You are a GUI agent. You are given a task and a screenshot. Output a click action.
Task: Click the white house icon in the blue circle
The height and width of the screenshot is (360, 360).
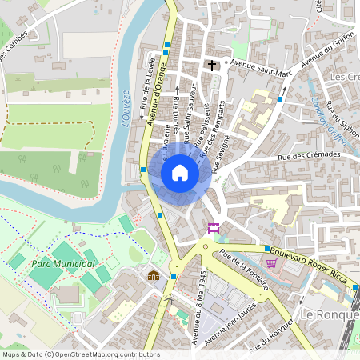(x=180, y=173)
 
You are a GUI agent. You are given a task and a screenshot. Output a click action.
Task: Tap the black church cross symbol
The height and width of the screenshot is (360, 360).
(x=213, y=65)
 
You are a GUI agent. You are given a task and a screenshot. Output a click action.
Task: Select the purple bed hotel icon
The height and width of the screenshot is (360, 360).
(x=214, y=230)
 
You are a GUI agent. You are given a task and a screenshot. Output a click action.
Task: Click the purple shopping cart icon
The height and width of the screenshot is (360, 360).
(x=271, y=262)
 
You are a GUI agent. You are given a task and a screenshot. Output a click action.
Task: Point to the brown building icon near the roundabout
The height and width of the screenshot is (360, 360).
(x=153, y=275)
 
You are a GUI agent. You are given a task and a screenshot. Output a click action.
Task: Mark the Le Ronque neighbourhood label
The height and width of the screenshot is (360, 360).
(x=329, y=315)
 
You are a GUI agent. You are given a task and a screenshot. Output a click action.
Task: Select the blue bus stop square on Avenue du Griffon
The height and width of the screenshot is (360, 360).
(x=280, y=99)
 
